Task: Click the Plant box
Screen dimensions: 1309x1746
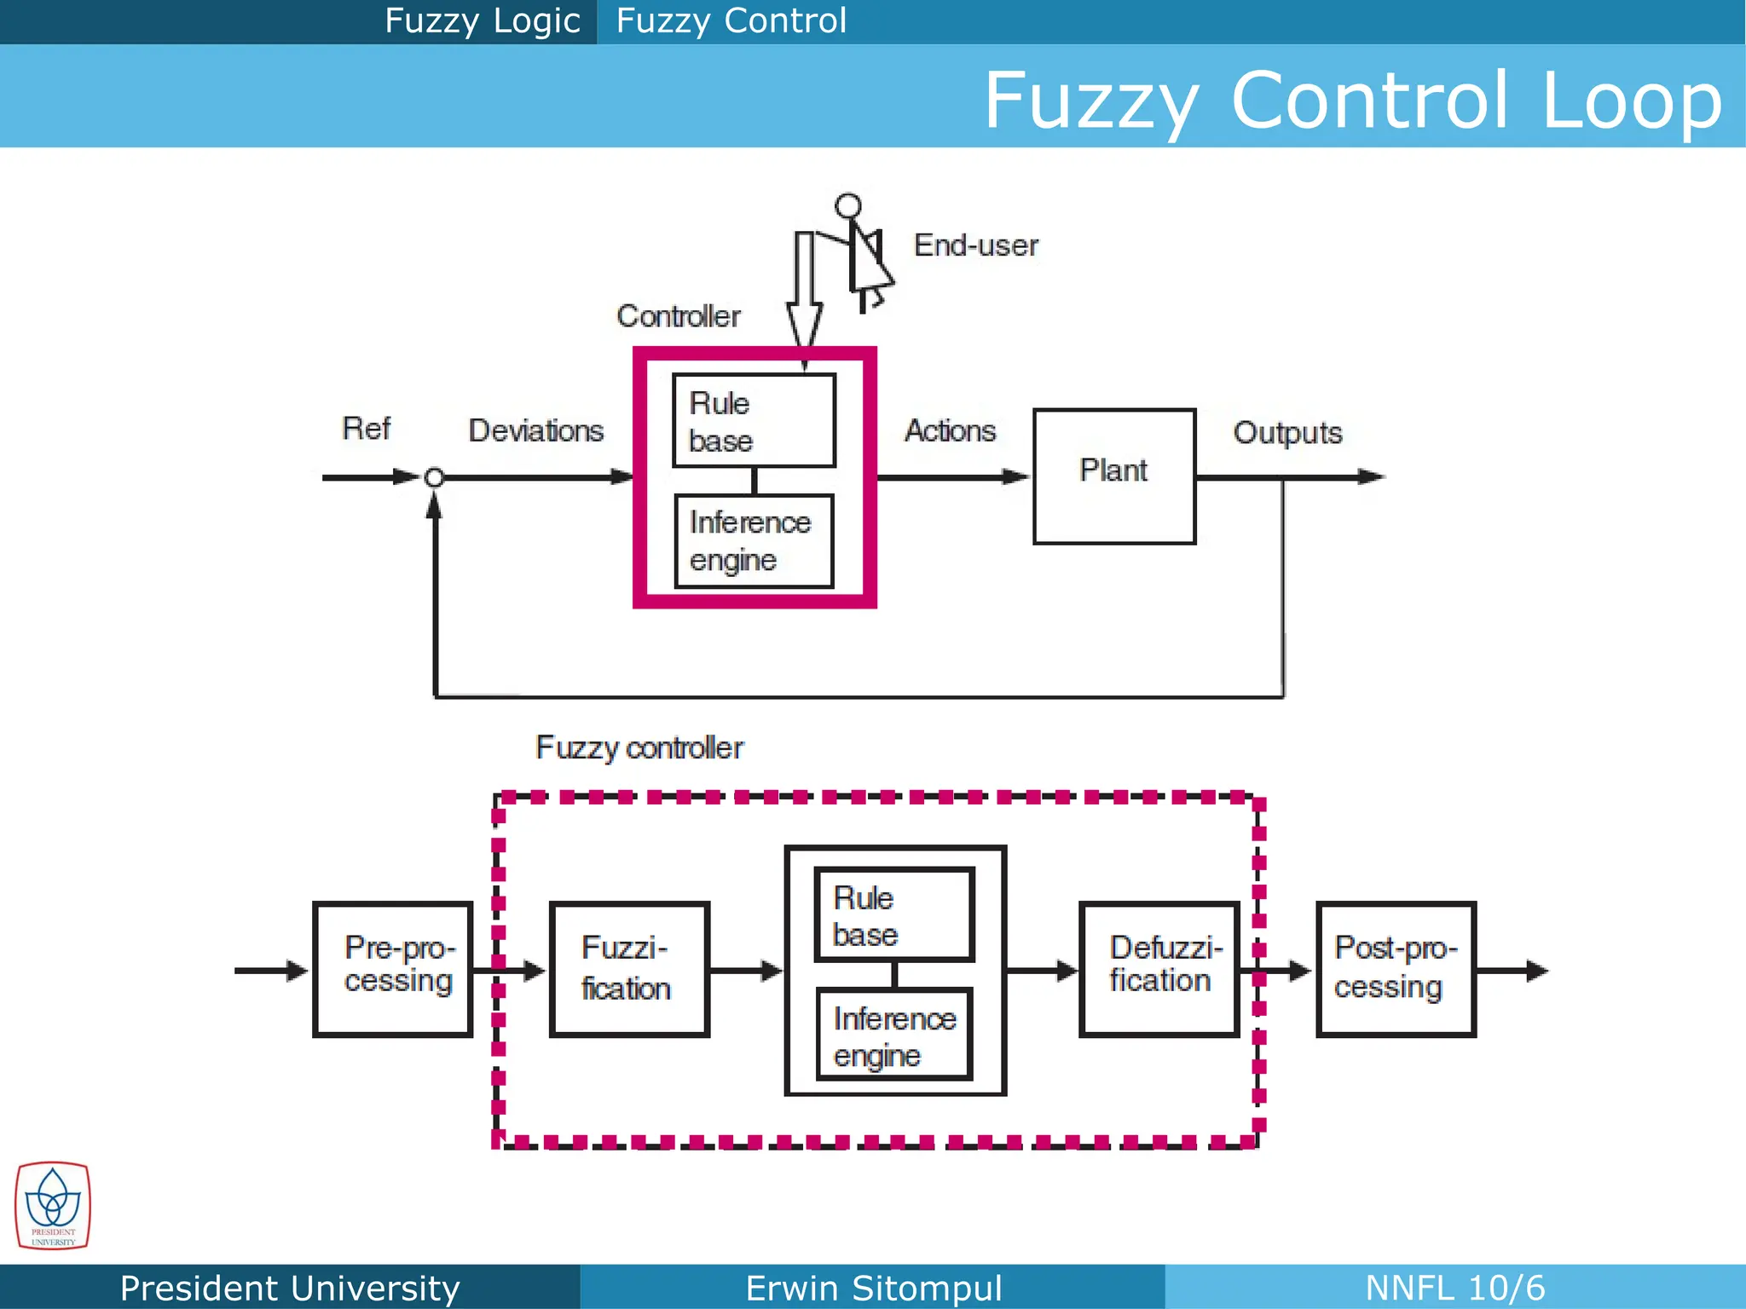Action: [x=1113, y=476]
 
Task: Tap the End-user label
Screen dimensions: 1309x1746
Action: [x=975, y=245]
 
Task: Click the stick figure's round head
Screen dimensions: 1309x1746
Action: [x=847, y=205]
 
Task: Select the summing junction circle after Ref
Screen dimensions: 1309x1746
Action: [x=434, y=477]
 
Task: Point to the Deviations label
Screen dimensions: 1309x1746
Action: [x=535, y=430]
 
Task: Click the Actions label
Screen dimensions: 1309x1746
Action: [x=950, y=430]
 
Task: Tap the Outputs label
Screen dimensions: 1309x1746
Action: [x=1286, y=433]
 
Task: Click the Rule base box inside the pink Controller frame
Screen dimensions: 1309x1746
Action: [x=754, y=420]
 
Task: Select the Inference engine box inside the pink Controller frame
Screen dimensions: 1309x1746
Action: [x=754, y=541]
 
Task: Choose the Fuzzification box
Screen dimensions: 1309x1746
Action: [x=629, y=969]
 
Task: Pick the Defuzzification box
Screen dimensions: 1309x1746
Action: [x=1159, y=969]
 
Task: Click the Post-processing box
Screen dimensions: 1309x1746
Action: [x=1396, y=969]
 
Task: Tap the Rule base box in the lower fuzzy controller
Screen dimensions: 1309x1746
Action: [x=893, y=914]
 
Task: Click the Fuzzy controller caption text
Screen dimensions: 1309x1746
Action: [x=639, y=747]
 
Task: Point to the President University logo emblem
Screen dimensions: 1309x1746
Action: [x=52, y=1205]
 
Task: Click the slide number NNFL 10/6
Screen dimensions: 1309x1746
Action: [x=1454, y=1288]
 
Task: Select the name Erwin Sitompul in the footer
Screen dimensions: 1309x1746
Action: [x=873, y=1288]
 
